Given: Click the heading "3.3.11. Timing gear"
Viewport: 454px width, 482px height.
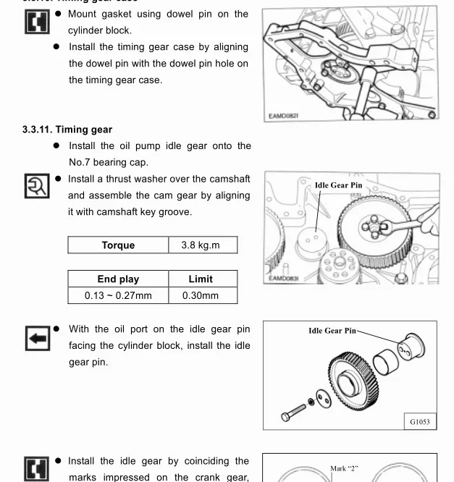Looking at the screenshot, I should [x=67, y=130].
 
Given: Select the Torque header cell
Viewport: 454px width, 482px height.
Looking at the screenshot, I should [x=118, y=245].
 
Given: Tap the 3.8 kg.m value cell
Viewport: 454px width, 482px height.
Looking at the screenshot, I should [x=200, y=245].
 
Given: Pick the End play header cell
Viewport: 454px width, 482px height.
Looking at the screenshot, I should [x=118, y=279].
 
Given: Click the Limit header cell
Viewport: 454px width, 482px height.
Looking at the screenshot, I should [x=201, y=279].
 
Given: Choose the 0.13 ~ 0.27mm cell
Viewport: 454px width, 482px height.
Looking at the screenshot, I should [x=118, y=295].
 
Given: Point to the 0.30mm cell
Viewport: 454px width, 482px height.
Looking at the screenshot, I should [x=201, y=295].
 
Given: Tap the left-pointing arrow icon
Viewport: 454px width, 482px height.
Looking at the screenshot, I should [x=36, y=337].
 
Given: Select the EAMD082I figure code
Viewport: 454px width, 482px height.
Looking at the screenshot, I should [x=283, y=116].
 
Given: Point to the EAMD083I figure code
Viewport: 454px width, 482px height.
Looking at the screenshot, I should [x=283, y=278].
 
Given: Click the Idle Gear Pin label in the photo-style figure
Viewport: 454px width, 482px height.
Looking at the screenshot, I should [x=338, y=185].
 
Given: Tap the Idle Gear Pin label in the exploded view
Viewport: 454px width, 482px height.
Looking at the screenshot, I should [x=332, y=331].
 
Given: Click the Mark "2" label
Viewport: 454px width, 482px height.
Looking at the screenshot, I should [x=344, y=468].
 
